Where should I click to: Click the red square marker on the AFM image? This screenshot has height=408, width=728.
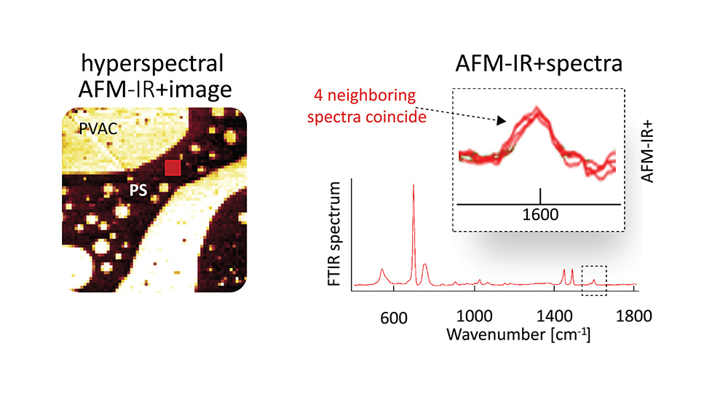(172, 168)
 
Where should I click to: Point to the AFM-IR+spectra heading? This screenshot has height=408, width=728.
(542, 64)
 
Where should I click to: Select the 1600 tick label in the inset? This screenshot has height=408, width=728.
(540, 216)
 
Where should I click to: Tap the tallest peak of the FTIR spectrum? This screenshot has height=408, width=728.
(414, 187)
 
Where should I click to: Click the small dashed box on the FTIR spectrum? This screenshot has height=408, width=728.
(594, 280)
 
